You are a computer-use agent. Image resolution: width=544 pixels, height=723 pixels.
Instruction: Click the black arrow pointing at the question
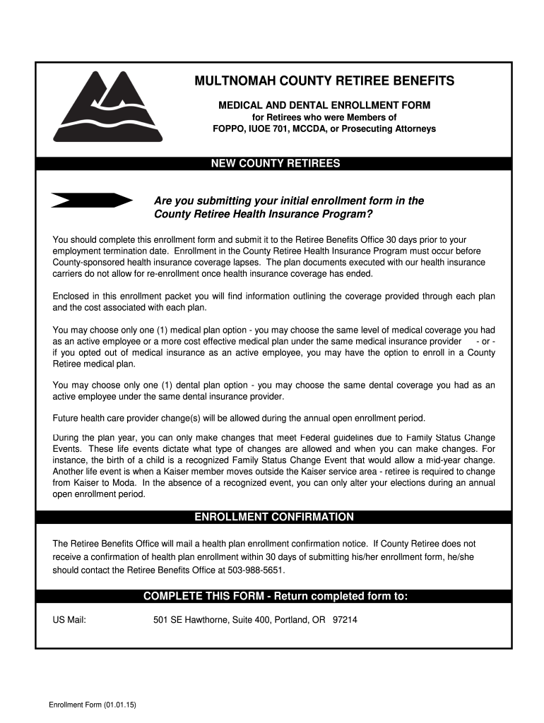[92, 200]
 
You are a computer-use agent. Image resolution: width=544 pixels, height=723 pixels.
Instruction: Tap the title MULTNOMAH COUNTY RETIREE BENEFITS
[324, 81]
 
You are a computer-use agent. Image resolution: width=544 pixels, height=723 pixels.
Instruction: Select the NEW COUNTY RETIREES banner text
[276, 164]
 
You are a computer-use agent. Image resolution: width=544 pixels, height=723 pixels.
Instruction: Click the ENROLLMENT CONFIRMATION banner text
[274, 517]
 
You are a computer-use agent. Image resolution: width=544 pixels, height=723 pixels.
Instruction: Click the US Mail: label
[69, 620]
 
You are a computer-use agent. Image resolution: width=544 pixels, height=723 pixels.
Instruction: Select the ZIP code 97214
[345, 620]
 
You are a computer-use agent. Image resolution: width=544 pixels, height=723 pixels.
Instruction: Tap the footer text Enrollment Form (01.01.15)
[92, 706]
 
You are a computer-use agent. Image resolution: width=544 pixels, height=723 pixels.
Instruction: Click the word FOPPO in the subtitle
[227, 129]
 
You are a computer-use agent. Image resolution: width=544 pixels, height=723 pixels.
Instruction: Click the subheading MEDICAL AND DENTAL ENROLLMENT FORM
[324, 105]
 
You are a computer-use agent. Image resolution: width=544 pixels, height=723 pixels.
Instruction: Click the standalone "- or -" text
[485, 341]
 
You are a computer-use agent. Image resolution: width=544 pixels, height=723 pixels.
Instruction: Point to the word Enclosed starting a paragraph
[71, 296]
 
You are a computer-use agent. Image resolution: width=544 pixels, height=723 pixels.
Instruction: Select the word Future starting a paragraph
[66, 417]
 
